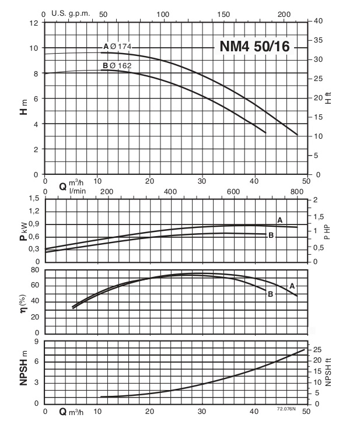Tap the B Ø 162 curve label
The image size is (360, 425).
(117, 66)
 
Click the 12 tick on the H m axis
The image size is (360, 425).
(33, 23)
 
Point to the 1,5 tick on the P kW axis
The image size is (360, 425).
(32, 199)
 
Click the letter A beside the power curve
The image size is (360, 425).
(279, 220)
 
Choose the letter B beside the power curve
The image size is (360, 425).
(271, 235)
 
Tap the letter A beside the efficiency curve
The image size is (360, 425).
(291, 286)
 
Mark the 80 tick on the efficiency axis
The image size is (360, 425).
(34, 270)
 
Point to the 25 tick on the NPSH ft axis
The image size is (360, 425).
(318, 349)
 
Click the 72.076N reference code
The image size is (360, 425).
(287, 410)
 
